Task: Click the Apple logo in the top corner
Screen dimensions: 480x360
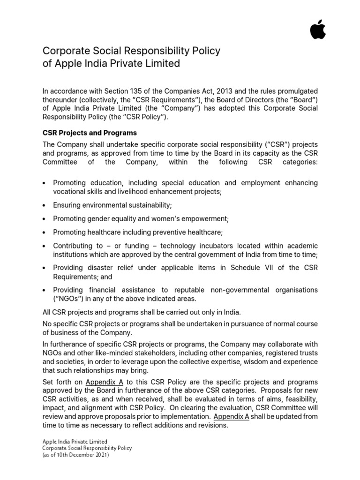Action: (317, 30)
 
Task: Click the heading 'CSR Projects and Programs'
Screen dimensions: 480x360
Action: (90, 133)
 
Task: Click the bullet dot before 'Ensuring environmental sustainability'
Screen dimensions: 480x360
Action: (44, 206)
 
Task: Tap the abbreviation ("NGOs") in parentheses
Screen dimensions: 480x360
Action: (70, 299)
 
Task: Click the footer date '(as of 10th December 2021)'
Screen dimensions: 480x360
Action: (75, 455)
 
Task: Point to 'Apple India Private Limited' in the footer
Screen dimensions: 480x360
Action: (75, 442)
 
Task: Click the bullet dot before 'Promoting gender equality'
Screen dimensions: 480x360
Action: (44, 219)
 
